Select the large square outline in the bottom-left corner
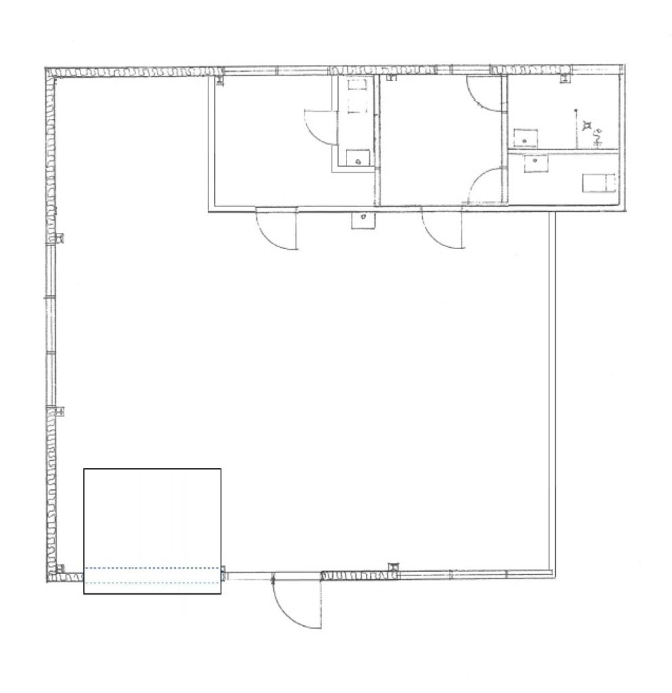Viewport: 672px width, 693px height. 152,531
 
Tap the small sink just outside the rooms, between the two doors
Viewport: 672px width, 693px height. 362,220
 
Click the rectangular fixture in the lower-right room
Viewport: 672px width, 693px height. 598,182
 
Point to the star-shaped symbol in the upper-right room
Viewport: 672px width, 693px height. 586,125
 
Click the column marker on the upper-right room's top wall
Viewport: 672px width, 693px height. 563,79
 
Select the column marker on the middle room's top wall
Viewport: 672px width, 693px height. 390,79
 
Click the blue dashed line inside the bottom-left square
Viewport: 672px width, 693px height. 152,568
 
